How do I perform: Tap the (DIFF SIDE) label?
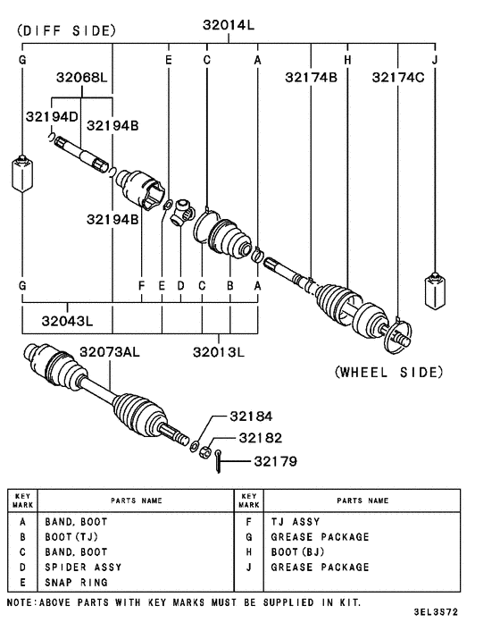65,29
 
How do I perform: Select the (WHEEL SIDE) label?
388,372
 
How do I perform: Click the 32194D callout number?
52,116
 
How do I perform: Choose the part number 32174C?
398,78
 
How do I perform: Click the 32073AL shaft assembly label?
110,352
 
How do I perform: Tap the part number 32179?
275,461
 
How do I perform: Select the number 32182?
259,438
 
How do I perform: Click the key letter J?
435,60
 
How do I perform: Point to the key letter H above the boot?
347,60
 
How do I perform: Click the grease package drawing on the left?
22,173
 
